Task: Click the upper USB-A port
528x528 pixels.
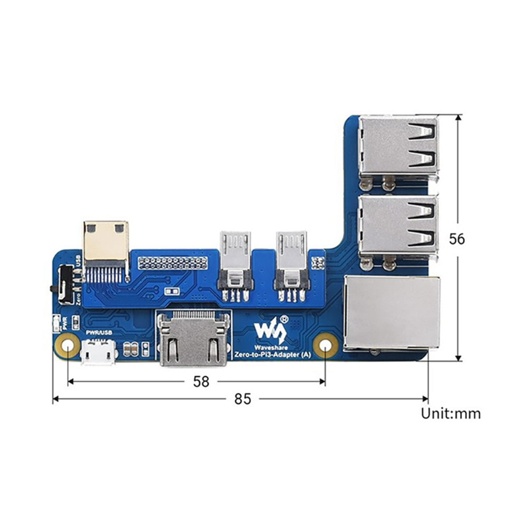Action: (399, 146)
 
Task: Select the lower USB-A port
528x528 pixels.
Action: (399, 226)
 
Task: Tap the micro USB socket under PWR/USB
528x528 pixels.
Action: (99, 352)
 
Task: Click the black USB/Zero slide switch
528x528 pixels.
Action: (66, 284)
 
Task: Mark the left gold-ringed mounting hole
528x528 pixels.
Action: (68, 346)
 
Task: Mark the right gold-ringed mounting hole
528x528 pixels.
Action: (325, 346)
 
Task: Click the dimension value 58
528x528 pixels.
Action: (201, 381)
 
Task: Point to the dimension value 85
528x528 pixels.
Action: (242, 399)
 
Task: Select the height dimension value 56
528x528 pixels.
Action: (457, 239)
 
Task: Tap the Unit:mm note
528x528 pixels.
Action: (450, 413)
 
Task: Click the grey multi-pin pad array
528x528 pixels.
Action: (173, 262)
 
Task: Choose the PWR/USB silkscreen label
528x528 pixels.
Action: (99, 333)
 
